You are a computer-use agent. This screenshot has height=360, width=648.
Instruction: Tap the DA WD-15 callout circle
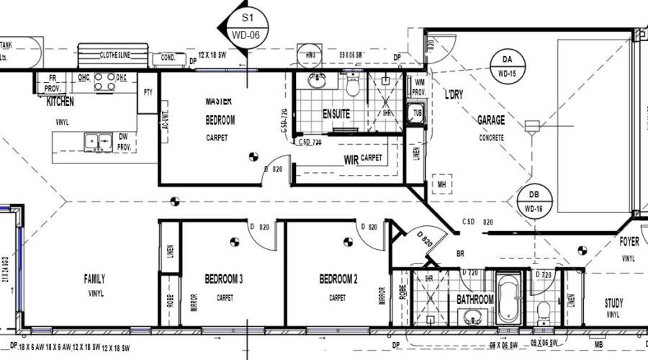(x=506, y=64)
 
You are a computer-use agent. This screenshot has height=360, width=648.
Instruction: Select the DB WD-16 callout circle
(x=534, y=199)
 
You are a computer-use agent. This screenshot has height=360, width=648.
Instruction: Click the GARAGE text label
(x=491, y=121)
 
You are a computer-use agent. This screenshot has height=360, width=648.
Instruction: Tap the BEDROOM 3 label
(x=223, y=279)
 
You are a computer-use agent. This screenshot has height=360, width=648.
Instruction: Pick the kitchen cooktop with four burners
(x=106, y=82)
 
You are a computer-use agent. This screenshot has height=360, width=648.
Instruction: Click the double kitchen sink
(x=96, y=140)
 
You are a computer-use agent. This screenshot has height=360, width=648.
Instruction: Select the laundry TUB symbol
(x=415, y=113)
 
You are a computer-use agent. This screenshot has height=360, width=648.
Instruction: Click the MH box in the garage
(x=441, y=185)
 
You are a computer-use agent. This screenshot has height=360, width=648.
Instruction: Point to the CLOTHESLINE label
(x=114, y=55)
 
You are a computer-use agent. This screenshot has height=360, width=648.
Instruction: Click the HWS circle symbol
(x=310, y=55)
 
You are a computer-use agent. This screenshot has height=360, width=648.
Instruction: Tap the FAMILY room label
(x=94, y=279)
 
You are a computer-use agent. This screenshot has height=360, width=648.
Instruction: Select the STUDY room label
(x=614, y=303)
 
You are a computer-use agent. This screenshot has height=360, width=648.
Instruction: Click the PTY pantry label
(x=148, y=92)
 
